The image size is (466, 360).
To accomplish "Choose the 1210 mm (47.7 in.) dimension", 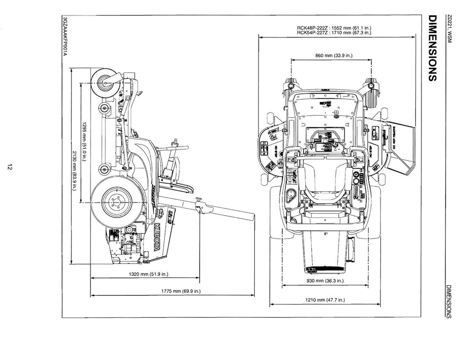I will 325,300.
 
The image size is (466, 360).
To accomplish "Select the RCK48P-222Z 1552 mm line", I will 334,28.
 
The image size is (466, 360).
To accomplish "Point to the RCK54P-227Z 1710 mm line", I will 334,33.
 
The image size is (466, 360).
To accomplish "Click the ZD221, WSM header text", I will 450,30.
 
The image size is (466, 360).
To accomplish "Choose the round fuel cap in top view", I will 289,196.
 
